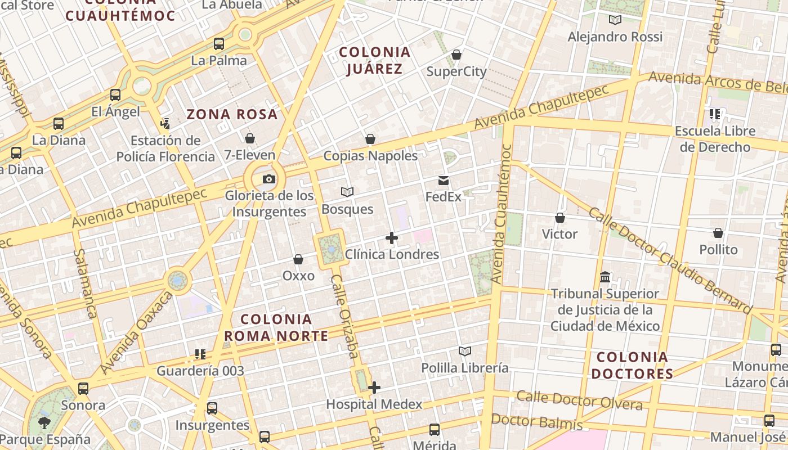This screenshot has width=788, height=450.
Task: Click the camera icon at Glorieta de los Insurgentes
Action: [269, 179]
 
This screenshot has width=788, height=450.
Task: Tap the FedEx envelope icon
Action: [444, 181]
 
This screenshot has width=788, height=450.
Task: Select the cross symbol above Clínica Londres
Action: [392, 238]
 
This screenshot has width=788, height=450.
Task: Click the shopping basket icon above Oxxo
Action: [298, 259]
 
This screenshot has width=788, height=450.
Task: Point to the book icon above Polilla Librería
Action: [464, 352]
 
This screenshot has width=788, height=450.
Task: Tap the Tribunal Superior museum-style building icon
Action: [606, 277]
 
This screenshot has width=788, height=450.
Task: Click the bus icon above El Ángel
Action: [115, 94]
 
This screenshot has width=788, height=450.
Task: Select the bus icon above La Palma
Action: [219, 43]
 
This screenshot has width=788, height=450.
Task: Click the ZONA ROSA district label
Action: [232, 115]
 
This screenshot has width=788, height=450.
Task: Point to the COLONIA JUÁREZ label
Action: [374, 61]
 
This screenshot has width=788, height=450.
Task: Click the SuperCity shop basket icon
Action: [456, 55]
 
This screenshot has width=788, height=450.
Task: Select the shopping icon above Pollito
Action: [718, 233]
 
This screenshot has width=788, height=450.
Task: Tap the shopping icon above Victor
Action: [560, 218]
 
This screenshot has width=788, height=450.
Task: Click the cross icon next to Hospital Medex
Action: [374, 388]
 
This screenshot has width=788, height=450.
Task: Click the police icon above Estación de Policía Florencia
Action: [165, 123]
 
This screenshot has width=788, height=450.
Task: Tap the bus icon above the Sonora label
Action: [83, 388]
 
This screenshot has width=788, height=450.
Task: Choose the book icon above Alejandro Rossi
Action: [615, 20]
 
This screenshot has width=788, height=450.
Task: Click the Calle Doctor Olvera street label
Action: [579, 400]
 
